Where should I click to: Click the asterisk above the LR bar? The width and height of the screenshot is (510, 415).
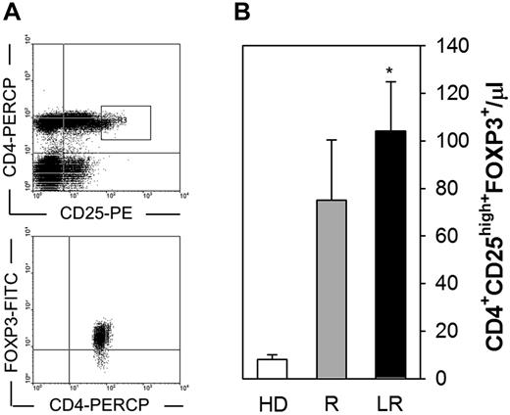tap(390, 72)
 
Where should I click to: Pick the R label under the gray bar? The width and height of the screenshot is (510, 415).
tap(331, 400)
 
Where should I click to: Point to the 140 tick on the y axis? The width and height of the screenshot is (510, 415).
tap(438, 45)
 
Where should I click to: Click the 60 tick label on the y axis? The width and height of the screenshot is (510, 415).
tap(434, 235)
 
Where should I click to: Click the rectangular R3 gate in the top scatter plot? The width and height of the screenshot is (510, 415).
tap(125, 121)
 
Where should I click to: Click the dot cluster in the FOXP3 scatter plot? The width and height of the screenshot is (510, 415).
tap(99, 336)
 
